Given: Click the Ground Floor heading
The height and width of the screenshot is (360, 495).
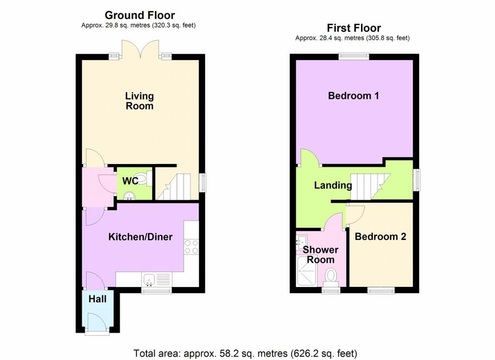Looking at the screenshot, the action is click(x=140, y=15).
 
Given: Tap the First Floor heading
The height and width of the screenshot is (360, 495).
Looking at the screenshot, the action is click(x=353, y=28).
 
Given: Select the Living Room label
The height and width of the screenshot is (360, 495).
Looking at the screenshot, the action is click(x=139, y=101).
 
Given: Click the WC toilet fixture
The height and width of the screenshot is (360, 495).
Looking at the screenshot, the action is click(x=144, y=178).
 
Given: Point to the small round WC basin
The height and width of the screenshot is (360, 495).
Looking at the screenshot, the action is click(x=129, y=196).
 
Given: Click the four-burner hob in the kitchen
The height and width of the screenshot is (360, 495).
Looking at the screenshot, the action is click(x=191, y=247).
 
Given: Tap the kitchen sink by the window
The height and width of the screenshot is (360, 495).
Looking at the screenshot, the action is click(x=149, y=280).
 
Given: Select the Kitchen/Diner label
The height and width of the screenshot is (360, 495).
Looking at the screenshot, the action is click(x=140, y=237).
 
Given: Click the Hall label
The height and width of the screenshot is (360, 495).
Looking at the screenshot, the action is click(x=97, y=299).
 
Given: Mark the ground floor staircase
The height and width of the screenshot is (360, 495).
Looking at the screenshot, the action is click(x=174, y=187).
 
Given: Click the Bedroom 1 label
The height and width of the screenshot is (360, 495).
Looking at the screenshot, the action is click(x=353, y=95).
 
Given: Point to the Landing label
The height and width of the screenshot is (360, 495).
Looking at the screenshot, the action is click(x=333, y=185).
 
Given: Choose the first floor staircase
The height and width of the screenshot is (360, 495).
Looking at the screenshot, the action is click(x=370, y=187).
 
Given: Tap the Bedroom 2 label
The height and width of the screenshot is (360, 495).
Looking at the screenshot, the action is click(x=380, y=237).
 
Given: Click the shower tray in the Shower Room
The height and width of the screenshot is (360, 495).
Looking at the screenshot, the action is click(x=306, y=270).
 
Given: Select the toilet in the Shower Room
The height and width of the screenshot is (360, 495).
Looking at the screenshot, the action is click(x=331, y=278).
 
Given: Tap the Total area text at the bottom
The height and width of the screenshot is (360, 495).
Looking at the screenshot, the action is click(x=245, y=353).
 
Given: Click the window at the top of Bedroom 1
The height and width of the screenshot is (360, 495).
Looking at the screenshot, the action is click(x=353, y=57).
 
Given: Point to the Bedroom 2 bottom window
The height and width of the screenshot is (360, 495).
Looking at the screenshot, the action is click(x=381, y=290).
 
